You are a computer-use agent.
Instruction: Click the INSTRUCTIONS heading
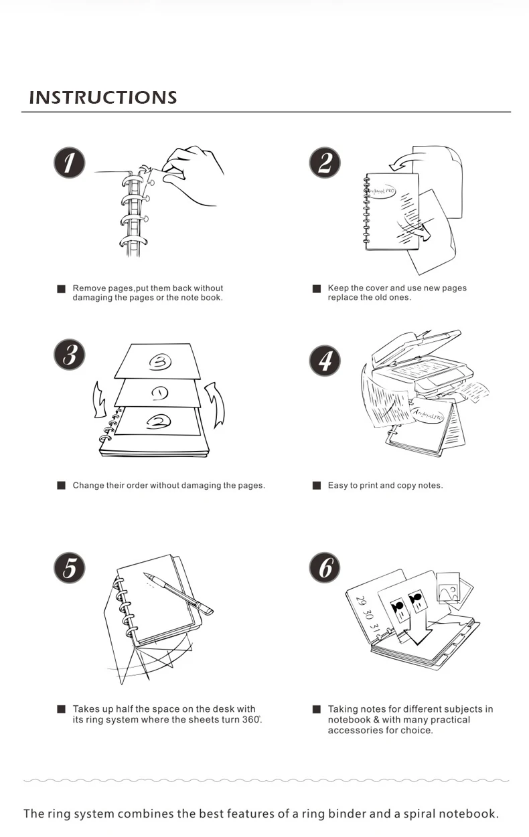point(103,98)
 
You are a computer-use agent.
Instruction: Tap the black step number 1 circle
point(70,163)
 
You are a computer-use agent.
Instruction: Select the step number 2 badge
point(325,163)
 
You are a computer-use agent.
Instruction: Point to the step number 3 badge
point(70,355)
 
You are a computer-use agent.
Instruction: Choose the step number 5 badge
point(70,567)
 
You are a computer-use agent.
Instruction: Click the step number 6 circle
point(325,567)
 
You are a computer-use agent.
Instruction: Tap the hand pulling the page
point(194,173)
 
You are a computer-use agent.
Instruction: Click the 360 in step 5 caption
point(250,720)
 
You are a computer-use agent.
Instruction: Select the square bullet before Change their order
point(61,485)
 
